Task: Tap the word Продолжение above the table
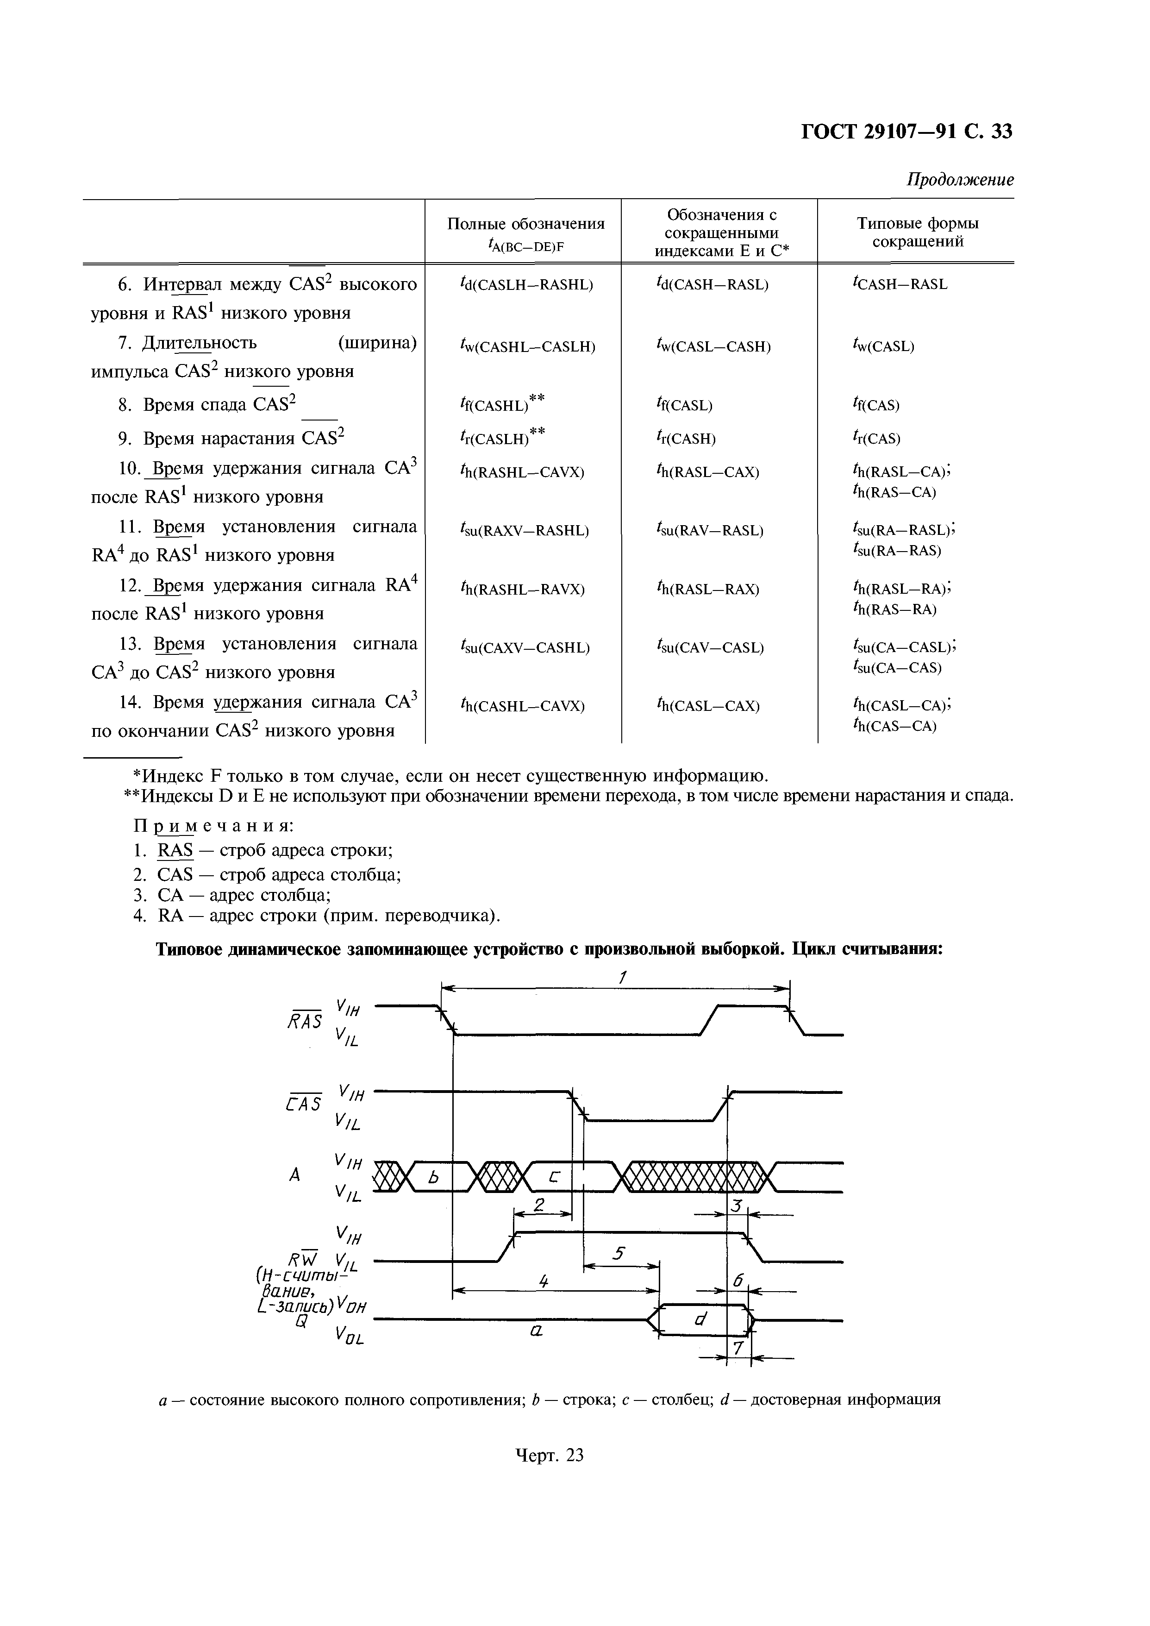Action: (960, 180)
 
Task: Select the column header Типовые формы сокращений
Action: (917, 233)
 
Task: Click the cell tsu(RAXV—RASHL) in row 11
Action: (524, 530)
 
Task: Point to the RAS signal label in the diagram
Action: (305, 1021)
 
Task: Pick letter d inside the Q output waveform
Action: (700, 1318)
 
